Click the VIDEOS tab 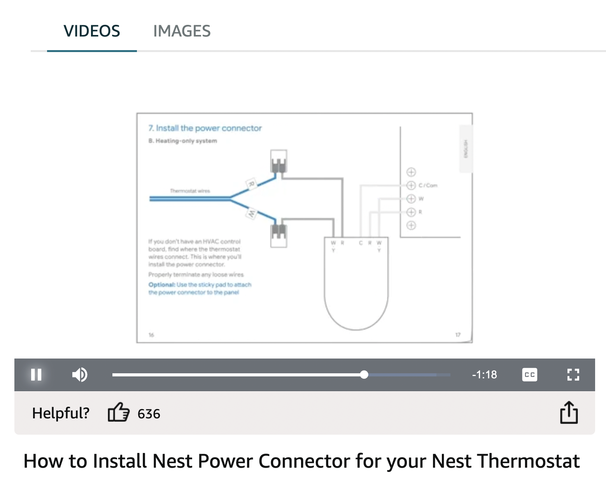point(92,31)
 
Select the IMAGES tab point(182,31)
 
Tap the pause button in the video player point(36,374)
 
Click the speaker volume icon point(80,374)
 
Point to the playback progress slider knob point(364,374)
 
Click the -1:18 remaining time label point(484,374)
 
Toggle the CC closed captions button point(529,374)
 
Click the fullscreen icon point(573,374)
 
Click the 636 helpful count point(149,414)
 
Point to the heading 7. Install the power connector point(205,128)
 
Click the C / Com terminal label point(428,185)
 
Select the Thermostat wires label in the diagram point(190,191)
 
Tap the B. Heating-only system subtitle point(182,141)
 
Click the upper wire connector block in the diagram point(278,161)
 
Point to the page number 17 point(458,334)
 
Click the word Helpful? point(61,413)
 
